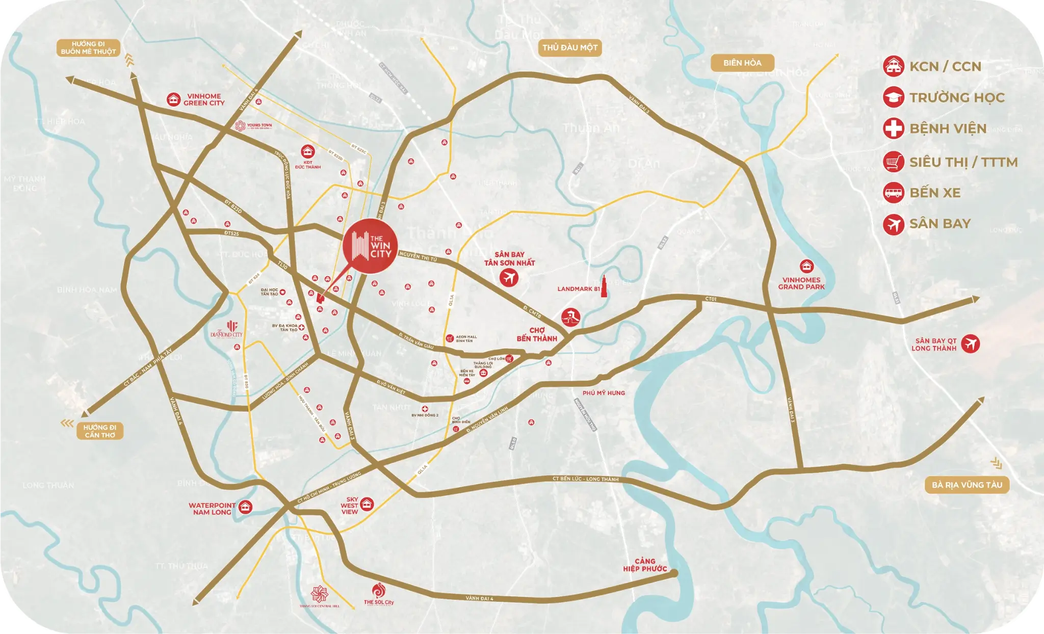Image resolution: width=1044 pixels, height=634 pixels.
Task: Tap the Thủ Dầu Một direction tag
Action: point(570,48)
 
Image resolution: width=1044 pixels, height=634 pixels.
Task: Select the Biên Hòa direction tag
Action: point(742,63)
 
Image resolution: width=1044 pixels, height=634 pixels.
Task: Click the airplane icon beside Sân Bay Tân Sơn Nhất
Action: point(509,277)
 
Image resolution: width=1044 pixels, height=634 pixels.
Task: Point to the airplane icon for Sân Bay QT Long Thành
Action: point(971,344)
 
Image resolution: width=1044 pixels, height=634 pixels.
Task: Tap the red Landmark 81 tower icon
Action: point(604,287)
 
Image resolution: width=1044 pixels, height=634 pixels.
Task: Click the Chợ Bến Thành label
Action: point(537,334)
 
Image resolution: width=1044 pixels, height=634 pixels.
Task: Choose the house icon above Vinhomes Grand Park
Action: point(806,266)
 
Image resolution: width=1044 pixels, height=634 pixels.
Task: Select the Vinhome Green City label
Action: point(204,99)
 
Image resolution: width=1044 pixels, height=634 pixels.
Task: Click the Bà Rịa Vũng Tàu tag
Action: point(967,485)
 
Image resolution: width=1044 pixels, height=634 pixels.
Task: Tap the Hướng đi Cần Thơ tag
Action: point(100,431)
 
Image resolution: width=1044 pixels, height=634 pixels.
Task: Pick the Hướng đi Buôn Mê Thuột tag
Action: point(88,48)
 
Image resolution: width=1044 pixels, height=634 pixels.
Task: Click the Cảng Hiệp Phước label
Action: point(645,565)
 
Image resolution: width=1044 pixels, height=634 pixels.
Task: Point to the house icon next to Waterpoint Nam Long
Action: point(245,507)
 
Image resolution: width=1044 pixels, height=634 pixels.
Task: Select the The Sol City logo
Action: point(379,594)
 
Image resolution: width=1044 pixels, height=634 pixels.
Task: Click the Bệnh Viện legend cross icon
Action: point(893,128)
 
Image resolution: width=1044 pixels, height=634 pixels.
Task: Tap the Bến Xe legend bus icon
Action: point(893,193)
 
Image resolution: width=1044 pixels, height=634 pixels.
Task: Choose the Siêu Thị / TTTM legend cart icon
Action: point(893,162)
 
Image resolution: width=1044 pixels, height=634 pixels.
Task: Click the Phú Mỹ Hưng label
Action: point(604,393)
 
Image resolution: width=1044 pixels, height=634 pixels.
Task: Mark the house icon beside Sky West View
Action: point(367,505)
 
